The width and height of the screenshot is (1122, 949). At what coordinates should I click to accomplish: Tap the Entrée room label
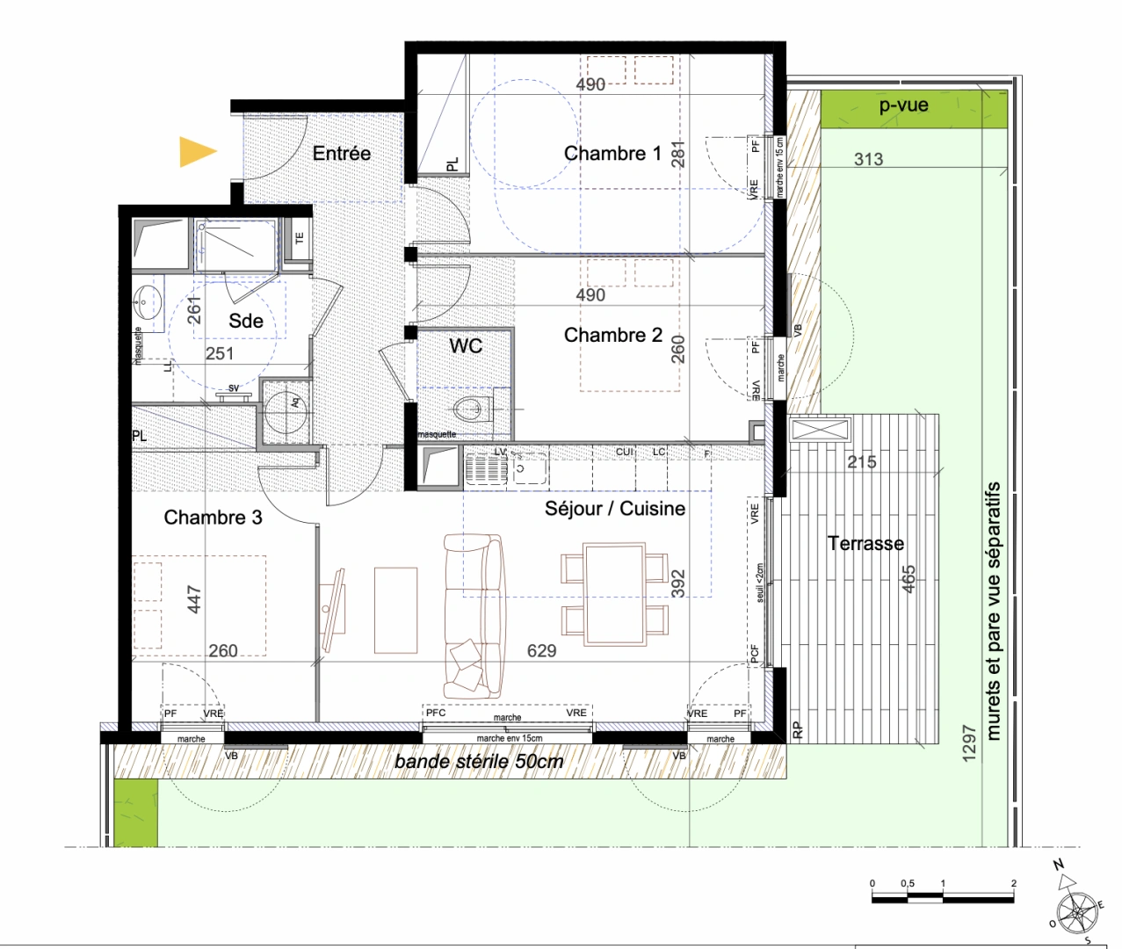point(342,153)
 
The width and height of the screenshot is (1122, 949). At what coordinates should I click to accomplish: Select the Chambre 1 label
point(612,154)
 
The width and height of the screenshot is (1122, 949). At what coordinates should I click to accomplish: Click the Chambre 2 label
point(612,335)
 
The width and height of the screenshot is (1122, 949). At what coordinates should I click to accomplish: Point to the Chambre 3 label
point(213,518)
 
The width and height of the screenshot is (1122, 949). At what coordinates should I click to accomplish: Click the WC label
point(466,345)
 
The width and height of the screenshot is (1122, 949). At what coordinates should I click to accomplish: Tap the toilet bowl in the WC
point(471,409)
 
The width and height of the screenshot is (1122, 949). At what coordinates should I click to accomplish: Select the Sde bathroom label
point(246,321)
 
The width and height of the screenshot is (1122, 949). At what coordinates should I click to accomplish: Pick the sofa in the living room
point(474,615)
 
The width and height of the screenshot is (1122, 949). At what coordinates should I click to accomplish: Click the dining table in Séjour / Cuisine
point(615,594)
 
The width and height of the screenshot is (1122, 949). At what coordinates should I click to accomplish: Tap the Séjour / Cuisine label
point(615,509)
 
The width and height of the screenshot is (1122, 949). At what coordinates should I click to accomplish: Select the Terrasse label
point(865,544)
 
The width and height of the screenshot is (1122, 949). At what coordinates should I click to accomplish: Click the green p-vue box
point(913,108)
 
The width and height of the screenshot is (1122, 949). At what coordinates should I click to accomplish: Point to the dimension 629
point(541,651)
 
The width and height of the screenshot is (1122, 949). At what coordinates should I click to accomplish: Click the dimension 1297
point(969,743)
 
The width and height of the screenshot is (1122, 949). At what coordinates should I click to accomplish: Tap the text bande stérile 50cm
point(479,762)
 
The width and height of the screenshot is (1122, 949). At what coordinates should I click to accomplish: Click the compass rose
point(1077,912)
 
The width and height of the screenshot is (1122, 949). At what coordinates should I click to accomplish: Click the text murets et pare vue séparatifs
point(994,611)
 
